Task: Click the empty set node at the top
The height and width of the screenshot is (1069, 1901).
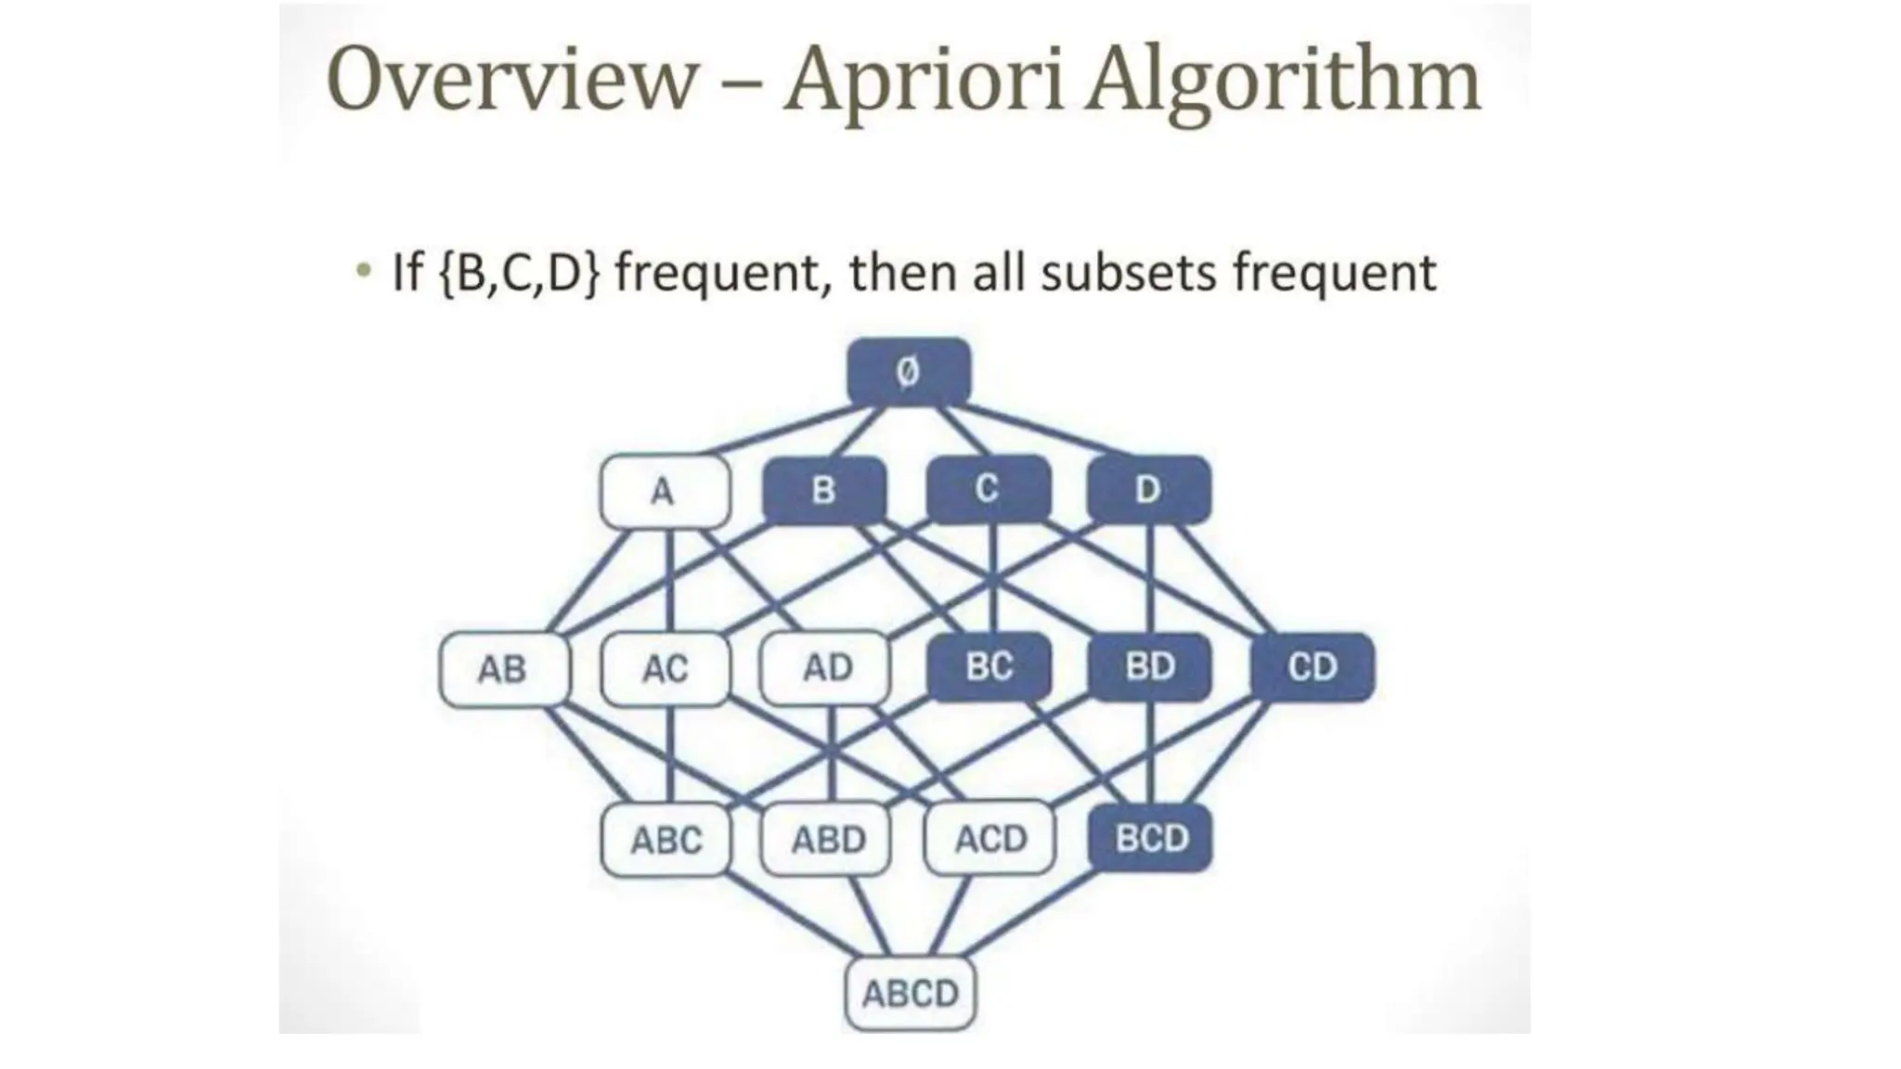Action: [909, 372]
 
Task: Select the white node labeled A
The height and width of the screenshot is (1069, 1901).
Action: [665, 490]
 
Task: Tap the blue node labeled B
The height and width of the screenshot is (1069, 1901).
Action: [823, 489]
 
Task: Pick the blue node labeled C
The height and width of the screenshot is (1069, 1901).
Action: [988, 488]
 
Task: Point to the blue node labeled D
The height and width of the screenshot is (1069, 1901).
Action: [1148, 489]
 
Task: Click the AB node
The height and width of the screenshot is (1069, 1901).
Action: [503, 668]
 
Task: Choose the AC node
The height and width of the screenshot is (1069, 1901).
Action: [666, 668]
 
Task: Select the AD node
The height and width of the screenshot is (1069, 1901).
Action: [826, 667]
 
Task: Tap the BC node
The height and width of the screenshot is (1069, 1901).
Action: [989, 666]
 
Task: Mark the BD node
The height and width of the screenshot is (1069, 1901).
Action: [1149, 666]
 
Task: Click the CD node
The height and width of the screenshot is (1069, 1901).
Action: [1312, 666]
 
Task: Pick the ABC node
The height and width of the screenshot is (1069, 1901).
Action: [666, 840]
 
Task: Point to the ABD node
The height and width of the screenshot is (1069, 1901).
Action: [827, 840]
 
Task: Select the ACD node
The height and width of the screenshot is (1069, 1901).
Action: [990, 839]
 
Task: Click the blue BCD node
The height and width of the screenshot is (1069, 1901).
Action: [1151, 838]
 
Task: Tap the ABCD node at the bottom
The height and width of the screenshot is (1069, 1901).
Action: [910, 994]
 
